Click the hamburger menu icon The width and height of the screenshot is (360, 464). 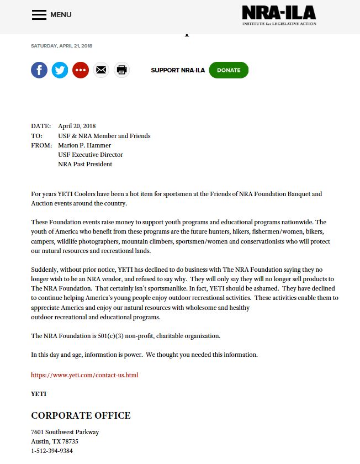click(x=39, y=15)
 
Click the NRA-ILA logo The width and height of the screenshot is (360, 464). click(x=279, y=15)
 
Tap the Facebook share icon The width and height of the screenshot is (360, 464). click(x=39, y=70)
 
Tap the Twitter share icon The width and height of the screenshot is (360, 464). click(x=60, y=70)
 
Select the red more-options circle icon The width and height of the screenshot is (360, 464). click(x=81, y=70)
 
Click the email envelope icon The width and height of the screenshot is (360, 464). click(x=101, y=70)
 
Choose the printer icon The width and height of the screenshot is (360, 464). click(x=122, y=70)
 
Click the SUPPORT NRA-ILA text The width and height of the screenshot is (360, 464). click(x=178, y=70)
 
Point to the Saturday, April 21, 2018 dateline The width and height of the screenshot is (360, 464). click(x=61, y=46)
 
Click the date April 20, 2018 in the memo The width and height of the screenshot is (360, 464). click(x=77, y=126)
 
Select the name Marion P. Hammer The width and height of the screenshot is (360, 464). click(x=84, y=145)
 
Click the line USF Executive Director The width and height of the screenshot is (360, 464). click(x=91, y=155)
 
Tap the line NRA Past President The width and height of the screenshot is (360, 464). click(x=85, y=164)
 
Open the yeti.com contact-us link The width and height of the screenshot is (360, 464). click(x=84, y=375)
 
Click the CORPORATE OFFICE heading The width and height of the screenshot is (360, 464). click(x=81, y=415)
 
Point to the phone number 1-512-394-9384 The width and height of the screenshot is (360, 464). click(x=51, y=451)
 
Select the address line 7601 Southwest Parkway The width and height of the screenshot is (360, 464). click(x=65, y=432)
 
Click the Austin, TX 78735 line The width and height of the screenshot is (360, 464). click(x=55, y=441)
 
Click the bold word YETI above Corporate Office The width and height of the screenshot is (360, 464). click(x=39, y=394)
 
